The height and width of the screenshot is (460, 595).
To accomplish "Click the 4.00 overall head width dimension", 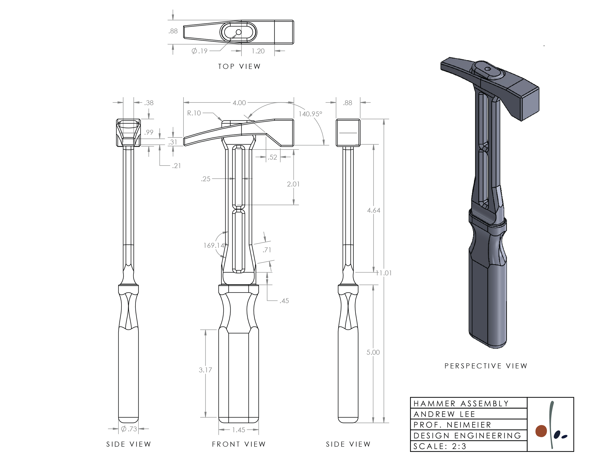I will point(239,103).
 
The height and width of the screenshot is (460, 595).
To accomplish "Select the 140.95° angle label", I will point(310,114).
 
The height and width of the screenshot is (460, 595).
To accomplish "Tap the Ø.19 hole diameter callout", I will point(199,51).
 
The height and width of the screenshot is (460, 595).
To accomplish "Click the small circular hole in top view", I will point(238,32).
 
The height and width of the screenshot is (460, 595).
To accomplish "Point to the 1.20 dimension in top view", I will point(258,51).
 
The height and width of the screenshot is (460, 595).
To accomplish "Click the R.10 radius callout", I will point(194,113).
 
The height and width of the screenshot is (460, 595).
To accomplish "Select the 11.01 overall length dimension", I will point(384,273).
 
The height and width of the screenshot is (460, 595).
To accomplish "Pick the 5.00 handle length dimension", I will point(373,352).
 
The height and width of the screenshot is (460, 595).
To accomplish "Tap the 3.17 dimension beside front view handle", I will point(205,370).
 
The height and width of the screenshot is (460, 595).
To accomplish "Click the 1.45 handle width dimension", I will point(238,430).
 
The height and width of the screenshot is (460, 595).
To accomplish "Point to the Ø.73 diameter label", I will point(129,429).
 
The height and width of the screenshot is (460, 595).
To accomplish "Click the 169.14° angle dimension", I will point(215,245).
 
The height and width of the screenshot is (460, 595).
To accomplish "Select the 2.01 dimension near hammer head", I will point(293,184).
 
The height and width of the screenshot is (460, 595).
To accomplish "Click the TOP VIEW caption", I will point(239,66).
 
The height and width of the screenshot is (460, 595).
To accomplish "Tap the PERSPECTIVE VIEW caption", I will point(486,366).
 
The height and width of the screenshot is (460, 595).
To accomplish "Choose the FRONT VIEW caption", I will point(238,444).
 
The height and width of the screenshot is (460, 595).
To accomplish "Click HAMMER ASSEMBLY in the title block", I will point(461,403).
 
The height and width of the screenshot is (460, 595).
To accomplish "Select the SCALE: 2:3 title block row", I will point(440,446).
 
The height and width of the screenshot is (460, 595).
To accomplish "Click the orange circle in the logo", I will point(541,431).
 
